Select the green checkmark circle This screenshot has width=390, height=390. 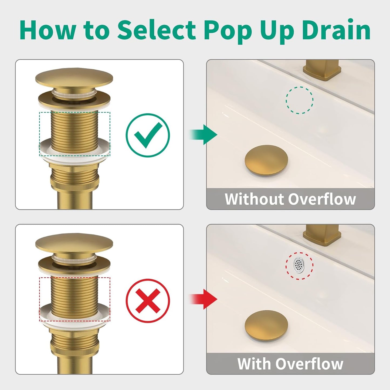pos(148,135)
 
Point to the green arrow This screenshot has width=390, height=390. pos(204,134)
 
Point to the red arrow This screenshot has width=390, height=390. pos(204,299)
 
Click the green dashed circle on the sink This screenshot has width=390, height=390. pos(299,100)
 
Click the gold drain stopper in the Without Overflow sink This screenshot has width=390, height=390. pos(266,161)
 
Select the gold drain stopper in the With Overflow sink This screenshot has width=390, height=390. pos(266,325)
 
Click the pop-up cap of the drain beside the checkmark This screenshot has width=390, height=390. pos(74,77)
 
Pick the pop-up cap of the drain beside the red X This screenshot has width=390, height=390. pos(74,242)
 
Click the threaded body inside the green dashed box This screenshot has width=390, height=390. pos(74,130)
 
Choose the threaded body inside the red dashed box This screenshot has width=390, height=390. pos(74,295)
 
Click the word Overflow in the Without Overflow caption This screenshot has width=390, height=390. pos(322,199)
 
